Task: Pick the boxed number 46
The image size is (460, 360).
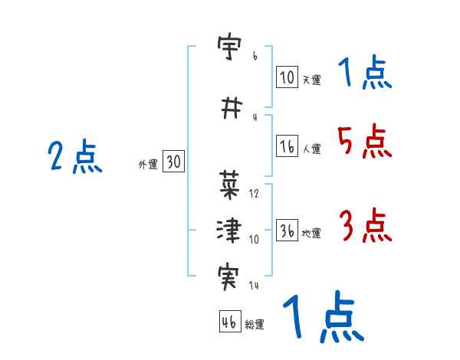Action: pyautogui.click(x=229, y=322)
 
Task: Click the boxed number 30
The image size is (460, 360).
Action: pyautogui.click(x=173, y=162)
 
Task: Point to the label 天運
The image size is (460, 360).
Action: pyautogui.click(x=311, y=79)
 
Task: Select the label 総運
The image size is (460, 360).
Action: pyautogui.click(x=255, y=324)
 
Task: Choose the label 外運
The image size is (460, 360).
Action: pyautogui.click(x=148, y=164)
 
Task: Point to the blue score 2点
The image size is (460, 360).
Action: pyautogui.click(x=74, y=158)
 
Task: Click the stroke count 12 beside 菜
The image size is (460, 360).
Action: pyautogui.click(x=255, y=193)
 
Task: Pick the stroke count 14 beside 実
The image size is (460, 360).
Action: pyautogui.click(x=255, y=285)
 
